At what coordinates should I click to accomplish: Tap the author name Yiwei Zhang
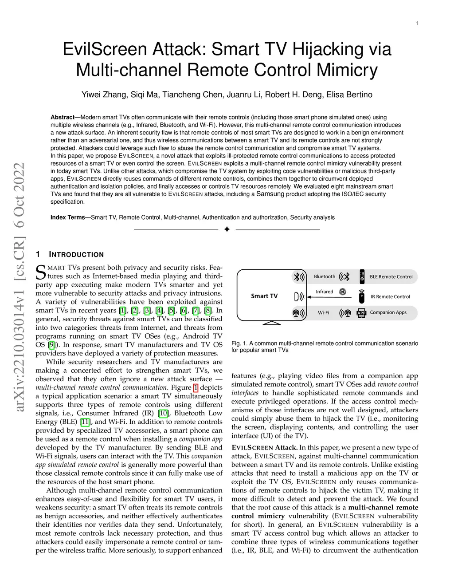click(x=102, y=95)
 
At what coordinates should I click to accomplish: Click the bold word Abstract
click(x=63, y=117)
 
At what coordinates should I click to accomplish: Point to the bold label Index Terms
click(x=67, y=217)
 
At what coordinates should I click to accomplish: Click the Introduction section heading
click(x=76, y=255)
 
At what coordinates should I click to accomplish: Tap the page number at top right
click(x=417, y=23)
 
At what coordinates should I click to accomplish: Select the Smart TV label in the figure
click(x=264, y=296)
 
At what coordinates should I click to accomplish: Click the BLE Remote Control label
click(x=391, y=276)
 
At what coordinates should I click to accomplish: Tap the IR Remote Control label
click(x=390, y=296)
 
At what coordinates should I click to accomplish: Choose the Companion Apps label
click(x=388, y=312)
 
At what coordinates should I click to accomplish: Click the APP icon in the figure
click(x=361, y=313)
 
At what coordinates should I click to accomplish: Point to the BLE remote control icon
click(x=362, y=276)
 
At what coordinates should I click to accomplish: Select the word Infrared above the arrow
click(x=324, y=292)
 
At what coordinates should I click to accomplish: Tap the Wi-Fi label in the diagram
click(x=324, y=313)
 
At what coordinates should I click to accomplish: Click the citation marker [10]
click(x=163, y=413)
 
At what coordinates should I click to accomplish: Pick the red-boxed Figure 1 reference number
click(x=196, y=387)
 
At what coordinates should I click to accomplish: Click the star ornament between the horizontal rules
click(x=227, y=229)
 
